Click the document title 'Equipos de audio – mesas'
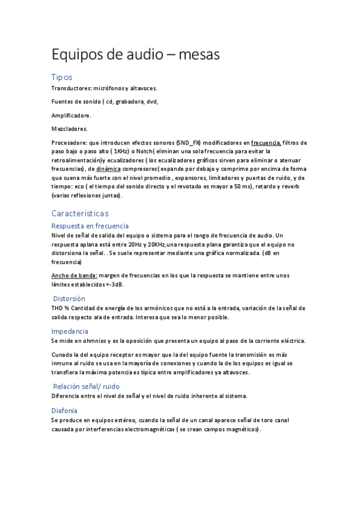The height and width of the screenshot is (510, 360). pos(136,55)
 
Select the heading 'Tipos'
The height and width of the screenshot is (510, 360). pos(62,77)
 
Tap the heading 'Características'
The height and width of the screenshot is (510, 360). pos(80,213)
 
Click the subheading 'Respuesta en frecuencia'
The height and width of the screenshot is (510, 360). pos(90,226)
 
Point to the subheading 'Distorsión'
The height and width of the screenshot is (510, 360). pos(69,298)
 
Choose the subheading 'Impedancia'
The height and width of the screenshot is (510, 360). pos(70,331)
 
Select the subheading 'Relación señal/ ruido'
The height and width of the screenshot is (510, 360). pos(86,386)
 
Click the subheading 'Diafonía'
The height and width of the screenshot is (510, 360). pos(64,410)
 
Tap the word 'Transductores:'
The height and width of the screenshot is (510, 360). pos(72,88)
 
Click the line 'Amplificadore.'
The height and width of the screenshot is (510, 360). pos(72,115)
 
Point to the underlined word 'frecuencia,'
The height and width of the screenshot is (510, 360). pos(266,143)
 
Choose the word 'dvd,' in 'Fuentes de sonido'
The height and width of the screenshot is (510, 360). pos(151,102)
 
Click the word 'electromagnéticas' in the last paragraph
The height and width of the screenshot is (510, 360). pos(143,430)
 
